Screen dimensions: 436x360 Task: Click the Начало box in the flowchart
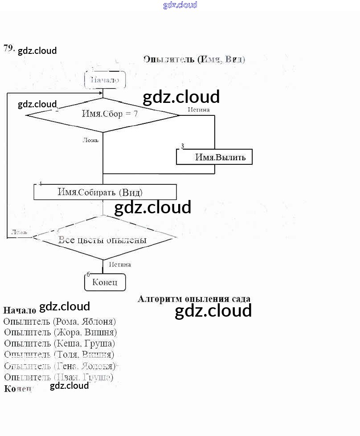pos(105,80)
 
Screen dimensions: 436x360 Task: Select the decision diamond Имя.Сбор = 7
pos(103,114)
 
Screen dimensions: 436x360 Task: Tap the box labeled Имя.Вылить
pos(214,157)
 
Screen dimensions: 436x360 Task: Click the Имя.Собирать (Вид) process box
pos(105,192)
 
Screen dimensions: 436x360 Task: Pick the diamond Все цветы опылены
pos(103,240)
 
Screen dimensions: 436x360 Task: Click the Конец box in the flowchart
pos(105,282)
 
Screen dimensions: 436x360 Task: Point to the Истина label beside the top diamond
pos(198,109)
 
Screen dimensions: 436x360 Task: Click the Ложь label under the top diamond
pos(90,140)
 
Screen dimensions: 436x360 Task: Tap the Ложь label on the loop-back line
pos(19,232)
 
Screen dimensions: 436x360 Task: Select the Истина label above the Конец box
pos(120,265)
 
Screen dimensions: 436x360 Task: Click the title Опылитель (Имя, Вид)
pos(194,59)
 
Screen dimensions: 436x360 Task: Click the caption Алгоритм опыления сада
pos(194,299)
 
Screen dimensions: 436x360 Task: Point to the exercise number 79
pos(8,48)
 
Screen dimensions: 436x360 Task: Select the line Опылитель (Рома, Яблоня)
pos(60,321)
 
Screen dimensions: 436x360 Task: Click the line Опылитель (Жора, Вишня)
pos(61,332)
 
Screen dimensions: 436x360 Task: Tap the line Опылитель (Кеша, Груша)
pos(60,343)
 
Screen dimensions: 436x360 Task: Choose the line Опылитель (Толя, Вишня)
pos(59,355)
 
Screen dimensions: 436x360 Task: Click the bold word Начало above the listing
pos(20,310)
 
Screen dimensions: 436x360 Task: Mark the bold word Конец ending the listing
pos(18,388)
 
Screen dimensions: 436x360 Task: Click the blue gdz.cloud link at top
pos(180,5)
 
